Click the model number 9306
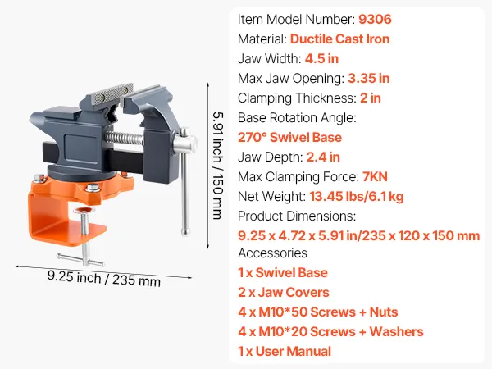click(375, 19)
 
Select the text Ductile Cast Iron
click(339, 39)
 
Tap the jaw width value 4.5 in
click(321, 59)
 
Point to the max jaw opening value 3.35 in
click(369, 79)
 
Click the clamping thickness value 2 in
click(371, 98)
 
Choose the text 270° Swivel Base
click(289, 138)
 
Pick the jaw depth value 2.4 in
click(323, 157)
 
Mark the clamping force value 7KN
click(375, 177)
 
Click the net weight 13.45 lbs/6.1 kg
click(357, 197)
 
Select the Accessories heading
click(272, 253)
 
